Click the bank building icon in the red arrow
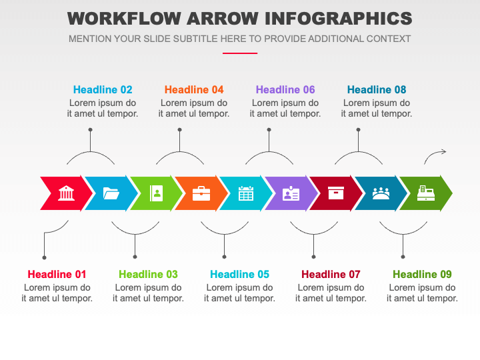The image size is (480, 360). [x=66, y=193]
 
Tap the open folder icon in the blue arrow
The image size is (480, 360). [x=111, y=193]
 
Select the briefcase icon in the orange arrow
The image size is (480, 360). [x=201, y=193]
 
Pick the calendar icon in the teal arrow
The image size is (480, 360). [x=246, y=193]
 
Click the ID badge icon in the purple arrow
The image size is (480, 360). [x=291, y=193]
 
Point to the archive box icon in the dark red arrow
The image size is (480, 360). [x=336, y=193]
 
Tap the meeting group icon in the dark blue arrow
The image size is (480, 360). [x=381, y=193]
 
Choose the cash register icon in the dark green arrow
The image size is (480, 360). [x=426, y=193]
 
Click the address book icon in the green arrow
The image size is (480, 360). [x=156, y=193]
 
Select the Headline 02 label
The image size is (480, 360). [x=103, y=90]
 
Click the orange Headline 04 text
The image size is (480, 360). [x=194, y=90]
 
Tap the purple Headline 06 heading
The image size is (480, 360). [x=285, y=90]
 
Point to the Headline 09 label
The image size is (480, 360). [x=422, y=274]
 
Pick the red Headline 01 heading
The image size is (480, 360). [x=57, y=274]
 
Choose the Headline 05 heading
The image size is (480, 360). [x=239, y=274]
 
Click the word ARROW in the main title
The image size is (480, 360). [x=222, y=19]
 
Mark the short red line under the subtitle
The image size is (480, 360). [x=240, y=53]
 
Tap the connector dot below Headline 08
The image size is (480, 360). [x=358, y=130]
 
